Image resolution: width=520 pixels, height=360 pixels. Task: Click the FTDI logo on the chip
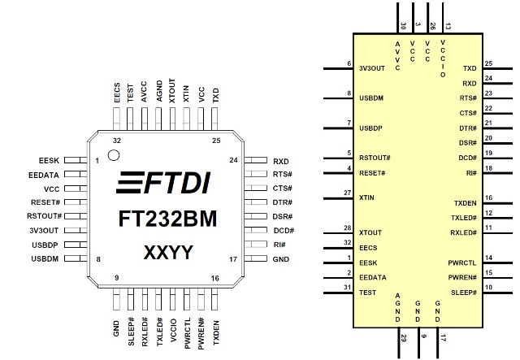tap(163, 183)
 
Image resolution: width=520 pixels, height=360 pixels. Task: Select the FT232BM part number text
tap(167, 219)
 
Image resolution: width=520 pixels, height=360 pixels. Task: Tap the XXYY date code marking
tap(168, 253)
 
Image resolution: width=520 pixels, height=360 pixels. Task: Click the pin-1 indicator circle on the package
tap(114, 155)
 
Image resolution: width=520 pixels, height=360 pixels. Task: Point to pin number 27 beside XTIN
tap(347, 193)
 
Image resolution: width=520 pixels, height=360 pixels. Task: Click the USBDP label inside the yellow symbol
tap(370, 128)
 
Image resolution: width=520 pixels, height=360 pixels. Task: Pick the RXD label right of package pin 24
tap(281, 161)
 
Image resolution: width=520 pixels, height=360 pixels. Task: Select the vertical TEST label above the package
tap(130, 93)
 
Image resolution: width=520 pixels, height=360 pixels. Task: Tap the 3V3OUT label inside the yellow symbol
tap(372, 68)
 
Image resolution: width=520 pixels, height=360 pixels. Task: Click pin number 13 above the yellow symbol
tap(448, 26)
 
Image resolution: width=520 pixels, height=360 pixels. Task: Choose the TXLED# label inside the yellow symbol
tap(464, 218)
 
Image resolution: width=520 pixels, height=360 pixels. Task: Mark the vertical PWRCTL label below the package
tap(188, 333)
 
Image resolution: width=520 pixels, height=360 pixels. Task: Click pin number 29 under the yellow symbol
tap(403, 338)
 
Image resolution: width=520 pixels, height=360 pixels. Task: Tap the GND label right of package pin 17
tap(280, 259)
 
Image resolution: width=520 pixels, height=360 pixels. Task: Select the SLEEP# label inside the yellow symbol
tap(464, 293)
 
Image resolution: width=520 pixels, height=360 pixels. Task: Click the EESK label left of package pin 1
tap(49, 161)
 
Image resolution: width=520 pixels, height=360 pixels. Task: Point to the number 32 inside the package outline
tap(117, 141)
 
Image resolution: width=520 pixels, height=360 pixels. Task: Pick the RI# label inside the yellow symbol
tap(471, 173)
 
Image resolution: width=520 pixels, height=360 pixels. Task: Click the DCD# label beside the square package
tap(284, 230)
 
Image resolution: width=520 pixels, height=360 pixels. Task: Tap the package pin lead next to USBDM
tap(76, 258)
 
